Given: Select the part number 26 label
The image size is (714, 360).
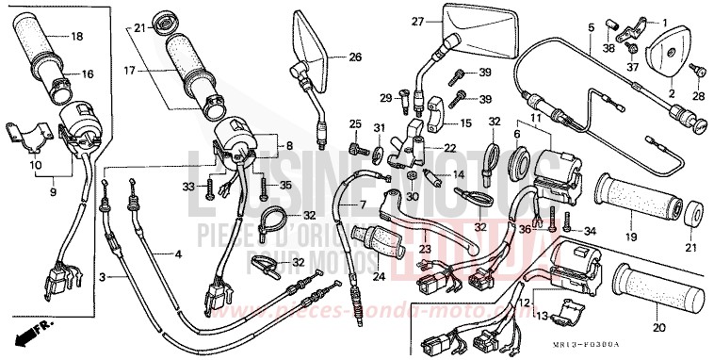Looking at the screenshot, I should coord(354,57).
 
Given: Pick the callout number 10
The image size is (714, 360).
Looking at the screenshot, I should coord(37,163).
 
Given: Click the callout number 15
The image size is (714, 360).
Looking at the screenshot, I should coord(464,123).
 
